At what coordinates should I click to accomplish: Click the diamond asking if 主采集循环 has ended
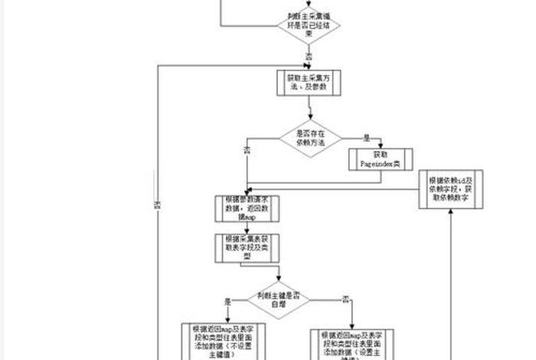click(309, 25)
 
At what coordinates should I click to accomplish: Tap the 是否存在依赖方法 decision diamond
click(310, 139)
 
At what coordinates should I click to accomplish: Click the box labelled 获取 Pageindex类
click(381, 159)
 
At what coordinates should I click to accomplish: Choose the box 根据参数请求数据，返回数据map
click(247, 208)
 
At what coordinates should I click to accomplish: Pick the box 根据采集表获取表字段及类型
click(247, 248)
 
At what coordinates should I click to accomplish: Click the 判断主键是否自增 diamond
click(278, 299)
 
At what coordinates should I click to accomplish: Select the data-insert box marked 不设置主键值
click(221, 340)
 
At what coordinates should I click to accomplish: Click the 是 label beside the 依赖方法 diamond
click(367, 139)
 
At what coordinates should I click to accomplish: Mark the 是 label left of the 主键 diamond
click(227, 301)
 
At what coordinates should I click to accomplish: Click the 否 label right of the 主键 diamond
click(345, 298)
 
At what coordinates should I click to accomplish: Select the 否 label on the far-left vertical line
click(158, 205)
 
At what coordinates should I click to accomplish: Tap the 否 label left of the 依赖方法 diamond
click(247, 149)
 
